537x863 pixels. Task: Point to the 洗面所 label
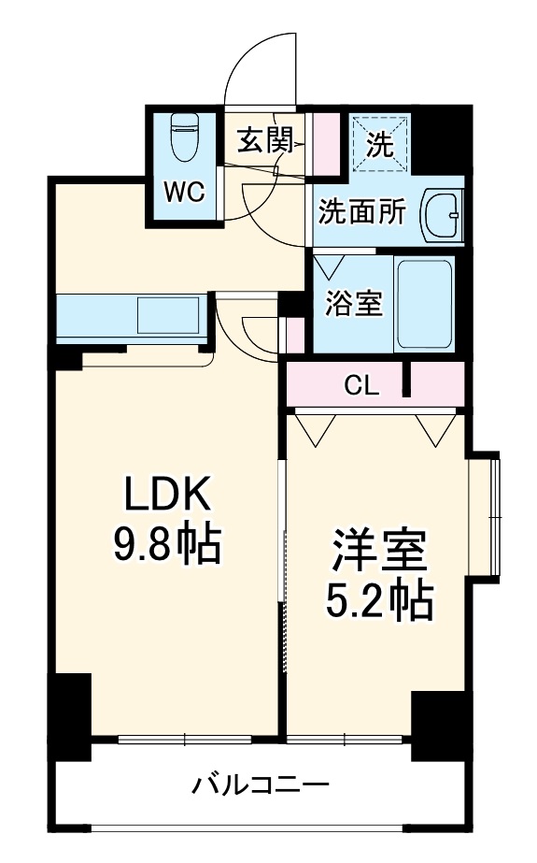tap(362, 211)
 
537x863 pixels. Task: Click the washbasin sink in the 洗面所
tap(442, 215)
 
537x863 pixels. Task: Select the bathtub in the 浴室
tap(425, 304)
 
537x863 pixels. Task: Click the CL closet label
tap(361, 385)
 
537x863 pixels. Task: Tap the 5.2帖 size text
tap(378, 601)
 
